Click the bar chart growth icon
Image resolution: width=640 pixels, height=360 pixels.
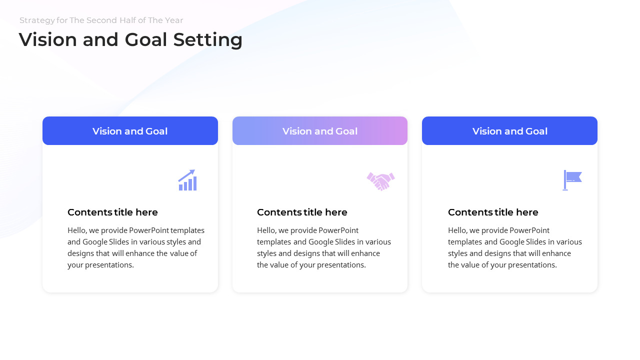[x=187, y=180]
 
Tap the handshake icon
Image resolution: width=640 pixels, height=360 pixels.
[x=380, y=181]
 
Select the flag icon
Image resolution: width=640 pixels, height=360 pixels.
[x=572, y=180]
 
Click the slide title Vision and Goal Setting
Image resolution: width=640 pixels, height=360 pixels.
[x=130, y=40]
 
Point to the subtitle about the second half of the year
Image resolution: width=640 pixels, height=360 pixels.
[x=101, y=20]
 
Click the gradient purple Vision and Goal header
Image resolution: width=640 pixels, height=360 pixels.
[x=320, y=131]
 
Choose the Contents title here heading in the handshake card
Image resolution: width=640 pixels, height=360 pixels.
[x=302, y=212]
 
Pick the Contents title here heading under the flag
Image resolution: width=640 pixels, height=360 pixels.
[x=493, y=212]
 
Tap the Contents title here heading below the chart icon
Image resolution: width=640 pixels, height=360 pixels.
[x=112, y=212]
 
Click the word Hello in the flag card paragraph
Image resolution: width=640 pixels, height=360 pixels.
[x=458, y=230]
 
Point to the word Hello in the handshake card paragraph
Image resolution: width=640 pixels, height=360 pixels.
[x=267, y=230]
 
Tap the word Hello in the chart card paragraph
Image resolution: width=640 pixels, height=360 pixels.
[x=77, y=230]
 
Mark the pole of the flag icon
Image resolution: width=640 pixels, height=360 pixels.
[x=565, y=180]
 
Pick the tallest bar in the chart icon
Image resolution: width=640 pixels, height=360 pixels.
[x=195, y=183]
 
